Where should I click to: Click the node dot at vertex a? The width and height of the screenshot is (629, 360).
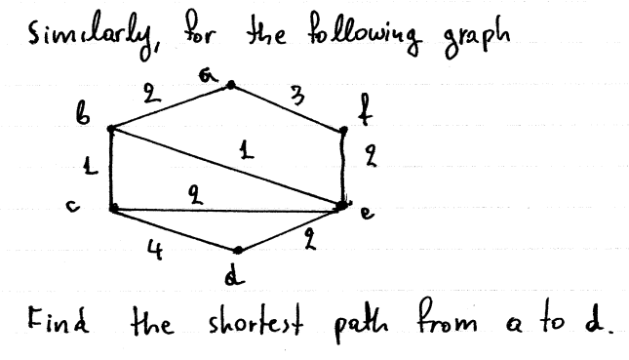coord(230,86)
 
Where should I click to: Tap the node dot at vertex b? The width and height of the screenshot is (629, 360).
coord(112,128)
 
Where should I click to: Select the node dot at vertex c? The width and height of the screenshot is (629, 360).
coord(113,207)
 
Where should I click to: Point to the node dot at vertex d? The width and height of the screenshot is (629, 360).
coord(236,250)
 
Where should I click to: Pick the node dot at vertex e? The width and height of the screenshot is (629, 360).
coord(342,205)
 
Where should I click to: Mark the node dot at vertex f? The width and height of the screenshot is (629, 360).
coord(342,130)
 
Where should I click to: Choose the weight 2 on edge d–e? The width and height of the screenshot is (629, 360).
coord(311,235)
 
